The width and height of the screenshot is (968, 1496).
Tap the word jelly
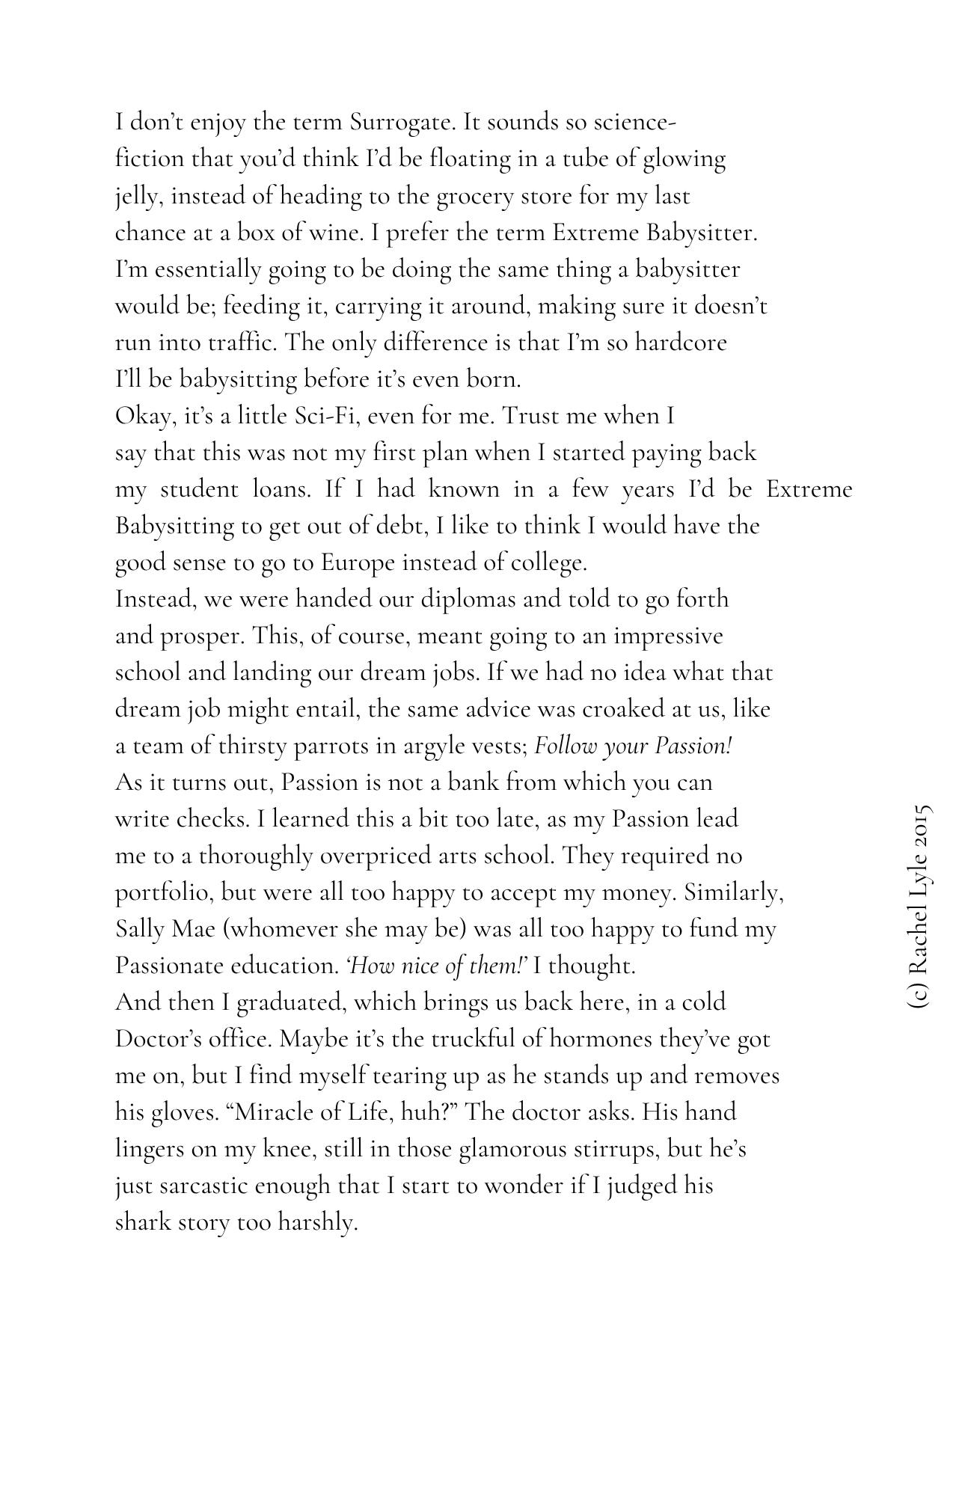tap(140, 197)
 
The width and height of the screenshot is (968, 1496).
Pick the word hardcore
tap(680, 343)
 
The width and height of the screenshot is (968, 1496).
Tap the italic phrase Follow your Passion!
tap(633, 747)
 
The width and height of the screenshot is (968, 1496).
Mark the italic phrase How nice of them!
tap(436, 966)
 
